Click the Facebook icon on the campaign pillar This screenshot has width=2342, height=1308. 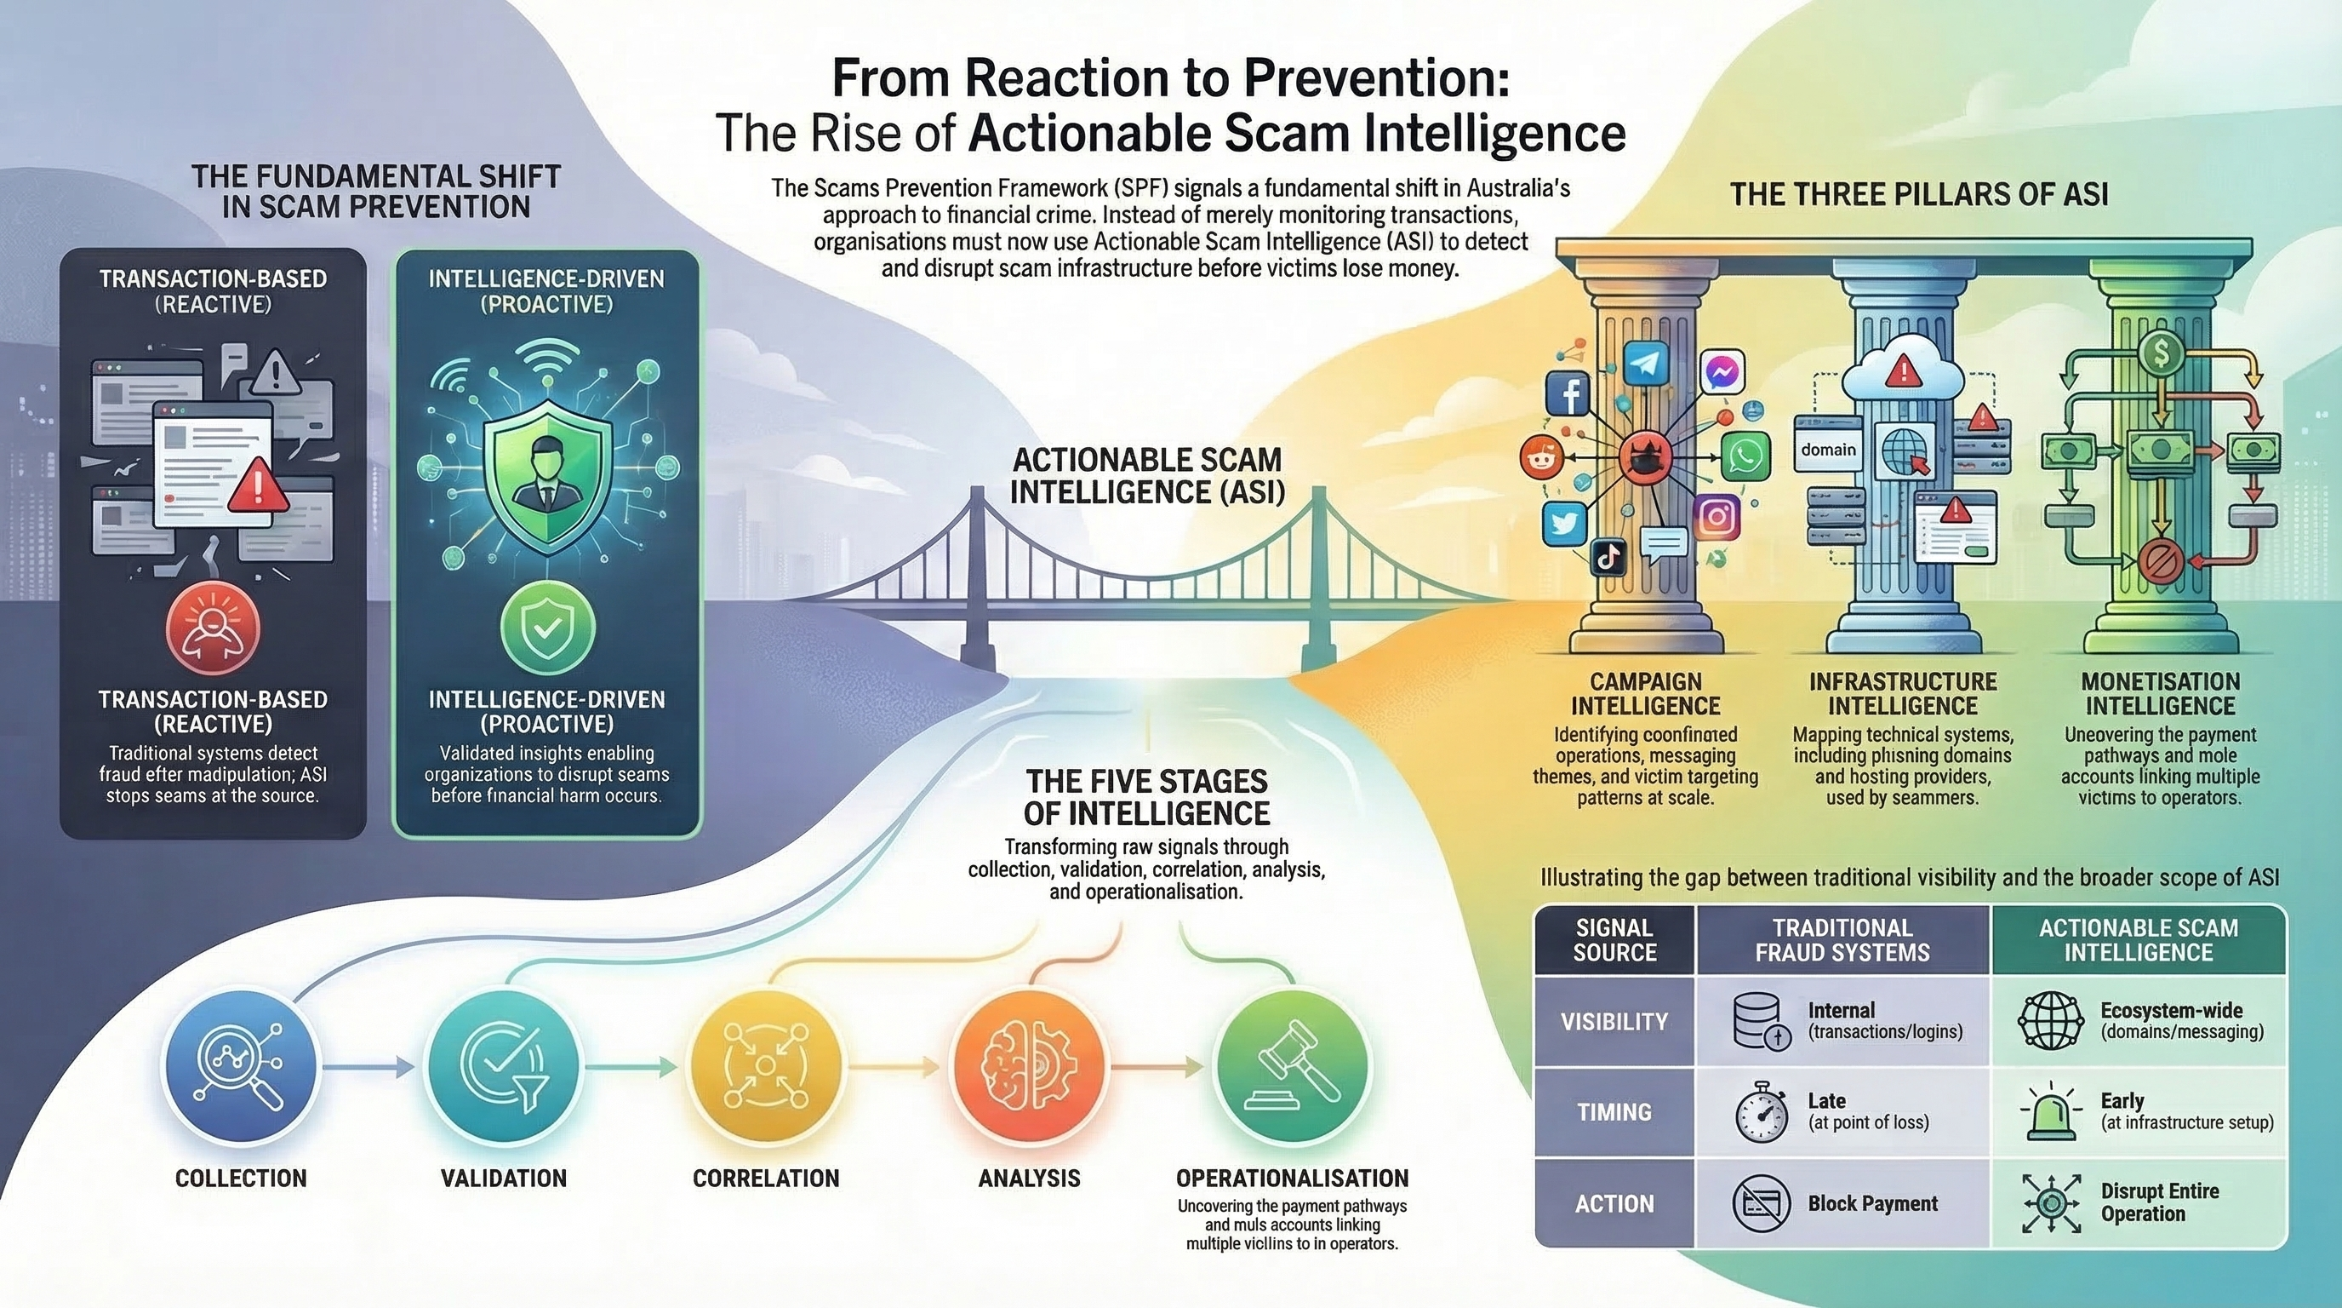tap(1568, 395)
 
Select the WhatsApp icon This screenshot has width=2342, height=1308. tap(1745, 455)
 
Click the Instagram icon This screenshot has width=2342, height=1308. tap(1717, 516)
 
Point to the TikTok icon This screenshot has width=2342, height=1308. tap(1608, 557)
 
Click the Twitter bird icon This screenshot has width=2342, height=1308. tap(1565, 523)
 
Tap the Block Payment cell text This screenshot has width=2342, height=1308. tap(1872, 1203)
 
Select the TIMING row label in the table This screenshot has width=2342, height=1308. tap(1614, 1112)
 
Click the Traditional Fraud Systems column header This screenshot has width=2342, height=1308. tap(1842, 939)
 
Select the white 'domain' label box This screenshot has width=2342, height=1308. tap(1828, 450)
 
